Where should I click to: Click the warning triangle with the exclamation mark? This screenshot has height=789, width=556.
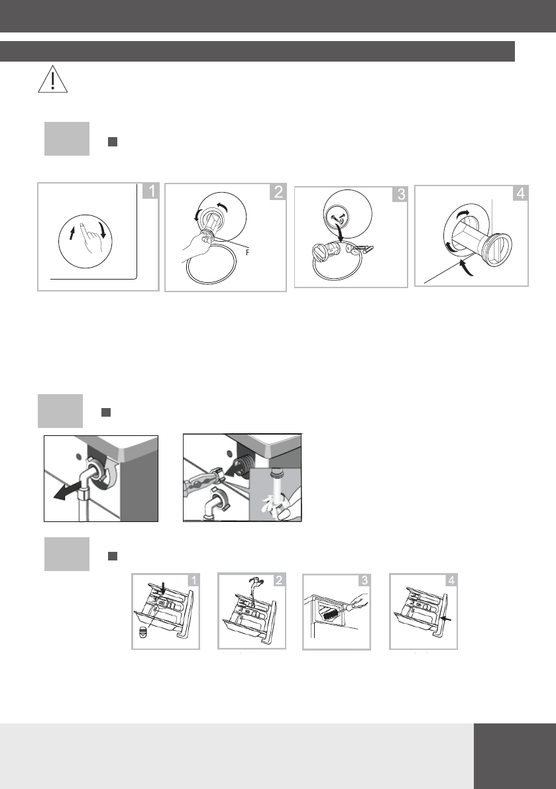click(53, 79)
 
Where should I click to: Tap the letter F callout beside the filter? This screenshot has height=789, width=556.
click(247, 252)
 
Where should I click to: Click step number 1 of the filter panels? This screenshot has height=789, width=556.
click(150, 191)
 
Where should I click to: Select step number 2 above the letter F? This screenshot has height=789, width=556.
click(278, 191)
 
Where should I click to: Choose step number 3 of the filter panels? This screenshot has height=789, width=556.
click(400, 194)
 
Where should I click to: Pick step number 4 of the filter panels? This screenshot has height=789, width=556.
click(521, 193)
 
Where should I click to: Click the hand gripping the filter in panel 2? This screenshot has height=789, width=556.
click(197, 245)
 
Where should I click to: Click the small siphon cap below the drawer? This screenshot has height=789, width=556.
click(143, 633)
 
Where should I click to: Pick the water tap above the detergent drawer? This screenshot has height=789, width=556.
click(255, 583)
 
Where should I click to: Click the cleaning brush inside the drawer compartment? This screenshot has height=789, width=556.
click(331, 614)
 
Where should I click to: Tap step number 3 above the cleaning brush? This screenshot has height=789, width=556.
click(364, 580)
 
